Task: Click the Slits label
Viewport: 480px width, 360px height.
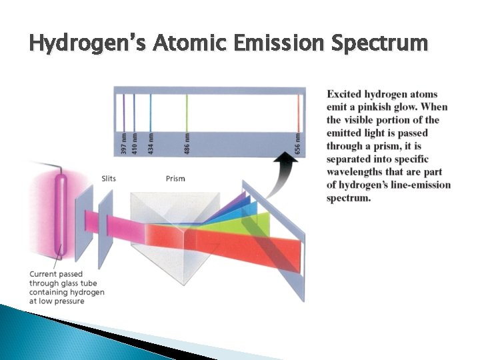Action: click(x=109, y=179)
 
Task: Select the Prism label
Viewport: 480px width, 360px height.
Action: click(x=175, y=179)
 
